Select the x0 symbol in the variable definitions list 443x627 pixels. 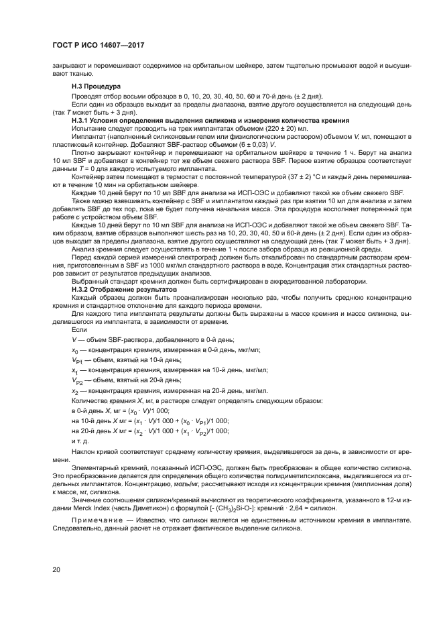point(75,350)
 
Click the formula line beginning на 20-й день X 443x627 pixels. point(149,431)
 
